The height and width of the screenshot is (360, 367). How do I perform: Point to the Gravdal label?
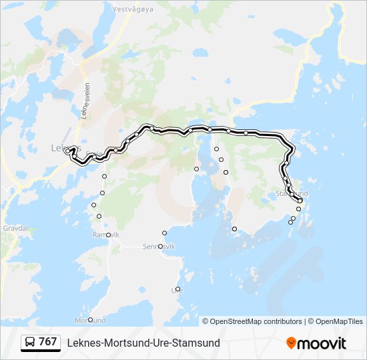point(15,227)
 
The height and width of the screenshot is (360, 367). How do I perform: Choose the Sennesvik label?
point(159,247)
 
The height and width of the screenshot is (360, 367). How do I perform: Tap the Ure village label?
point(177,290)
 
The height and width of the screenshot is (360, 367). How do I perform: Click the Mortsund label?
point(91,321)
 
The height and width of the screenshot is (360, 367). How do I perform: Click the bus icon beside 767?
point(30,342)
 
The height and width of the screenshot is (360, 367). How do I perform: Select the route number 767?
point(48,342)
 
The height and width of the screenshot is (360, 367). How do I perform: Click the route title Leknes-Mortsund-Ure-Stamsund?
point(143,343)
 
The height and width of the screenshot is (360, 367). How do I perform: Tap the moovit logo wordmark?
point(322,343)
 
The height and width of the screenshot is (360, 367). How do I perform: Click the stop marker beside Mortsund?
point(90,320)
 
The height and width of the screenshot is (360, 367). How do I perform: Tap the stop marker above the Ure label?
point(177,289)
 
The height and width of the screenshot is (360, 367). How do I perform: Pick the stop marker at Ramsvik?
point(108,235)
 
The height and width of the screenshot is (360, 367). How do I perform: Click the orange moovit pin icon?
point(291,343)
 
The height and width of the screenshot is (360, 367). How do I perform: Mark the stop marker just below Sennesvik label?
point(160,247)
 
